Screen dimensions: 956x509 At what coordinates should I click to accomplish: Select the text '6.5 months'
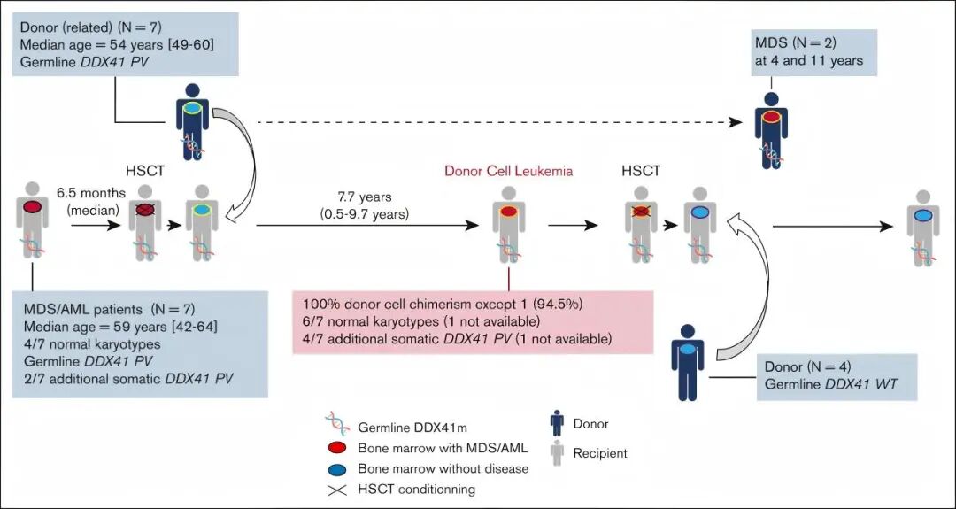coord(91,193)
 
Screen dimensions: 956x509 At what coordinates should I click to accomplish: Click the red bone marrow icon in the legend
coord(336,448)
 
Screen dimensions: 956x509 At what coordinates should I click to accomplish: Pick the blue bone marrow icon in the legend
coord(336,469)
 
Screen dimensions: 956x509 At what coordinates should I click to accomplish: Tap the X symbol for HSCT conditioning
coord(336,489)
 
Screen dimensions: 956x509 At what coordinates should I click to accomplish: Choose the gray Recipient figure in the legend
coord(556,453)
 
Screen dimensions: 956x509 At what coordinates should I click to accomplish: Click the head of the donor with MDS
coord(771,99)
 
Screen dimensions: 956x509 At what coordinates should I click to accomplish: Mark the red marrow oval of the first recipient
coord(32,207)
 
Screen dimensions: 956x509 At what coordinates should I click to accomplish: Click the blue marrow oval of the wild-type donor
coord(688,349)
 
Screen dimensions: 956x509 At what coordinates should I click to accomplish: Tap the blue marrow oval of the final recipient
coord(923,214)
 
